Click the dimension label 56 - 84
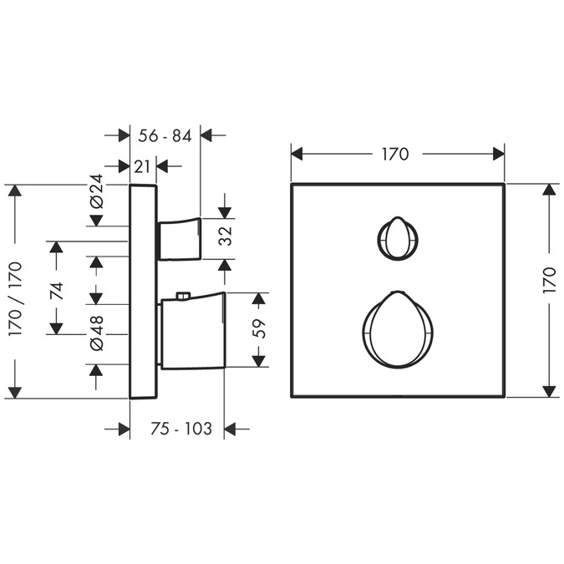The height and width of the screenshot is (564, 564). tap(165, 136)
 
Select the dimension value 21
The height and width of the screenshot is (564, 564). tap(142, 166)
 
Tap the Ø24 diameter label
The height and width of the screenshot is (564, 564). tap(96, 191)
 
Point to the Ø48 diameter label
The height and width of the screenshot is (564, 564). tap(96, 333)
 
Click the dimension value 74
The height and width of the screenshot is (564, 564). tap(57, 291)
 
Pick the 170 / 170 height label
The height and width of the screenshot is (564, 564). tap(16, 299)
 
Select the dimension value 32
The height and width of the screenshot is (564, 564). tap(226, 236)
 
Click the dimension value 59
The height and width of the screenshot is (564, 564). tap(259, 328)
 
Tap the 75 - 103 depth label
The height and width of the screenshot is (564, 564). tap(181, 429)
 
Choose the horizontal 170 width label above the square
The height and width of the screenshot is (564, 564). tap(395, 155)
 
